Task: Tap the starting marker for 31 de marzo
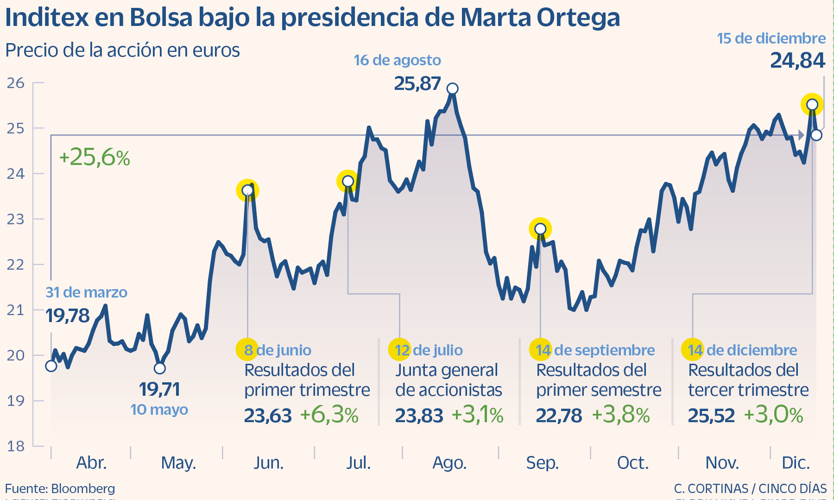pyautogui.click(x=51, y=366)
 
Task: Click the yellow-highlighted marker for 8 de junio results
pyautogui.click(x=247, y=190)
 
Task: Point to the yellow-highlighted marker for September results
pyautogui.click(x=540, y=229)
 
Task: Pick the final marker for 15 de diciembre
pyautogui.click(x=816, y=135)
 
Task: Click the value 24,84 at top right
pyautogui.click(x=797, y=61)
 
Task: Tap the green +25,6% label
pyautogui.click(x=95, y=158)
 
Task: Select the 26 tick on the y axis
pyautogui.click(x=16, y=83)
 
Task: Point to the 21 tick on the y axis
pyautogui.click(x=16, y=310)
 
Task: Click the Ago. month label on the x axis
pyautogui.click(x=449, y=462)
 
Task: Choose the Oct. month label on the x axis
pyautogui.click(x=633, y=462)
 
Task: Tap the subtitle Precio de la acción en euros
pyautogui.click(x=122, y=50)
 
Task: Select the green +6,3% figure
pyautogui.click(x=329, y=415)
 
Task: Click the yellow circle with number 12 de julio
pyautogui.click(x=399, y=350)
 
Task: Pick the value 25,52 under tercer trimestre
pyautogui.click(x=711, y=416)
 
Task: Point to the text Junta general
pyautogui.click(x=446, y=370)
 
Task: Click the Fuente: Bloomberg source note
pyautogui.click(x=60, y=488)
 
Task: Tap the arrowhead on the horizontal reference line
pyautogui.click(x=801, y=135)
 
